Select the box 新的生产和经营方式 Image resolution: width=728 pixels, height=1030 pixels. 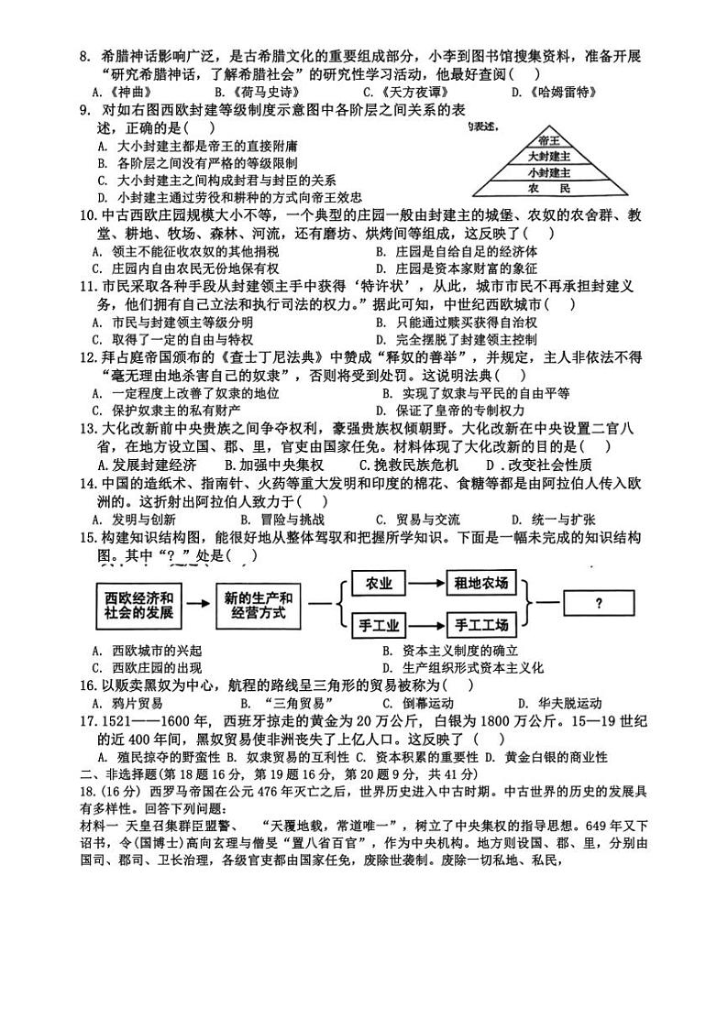point(259,605)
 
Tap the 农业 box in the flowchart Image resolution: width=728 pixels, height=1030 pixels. point(379,583)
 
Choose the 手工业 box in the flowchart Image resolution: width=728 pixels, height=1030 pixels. point(379,626)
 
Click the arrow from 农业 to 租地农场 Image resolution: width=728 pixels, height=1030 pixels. point(425,583)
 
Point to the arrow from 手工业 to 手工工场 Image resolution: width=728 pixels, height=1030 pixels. point(425,626)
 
